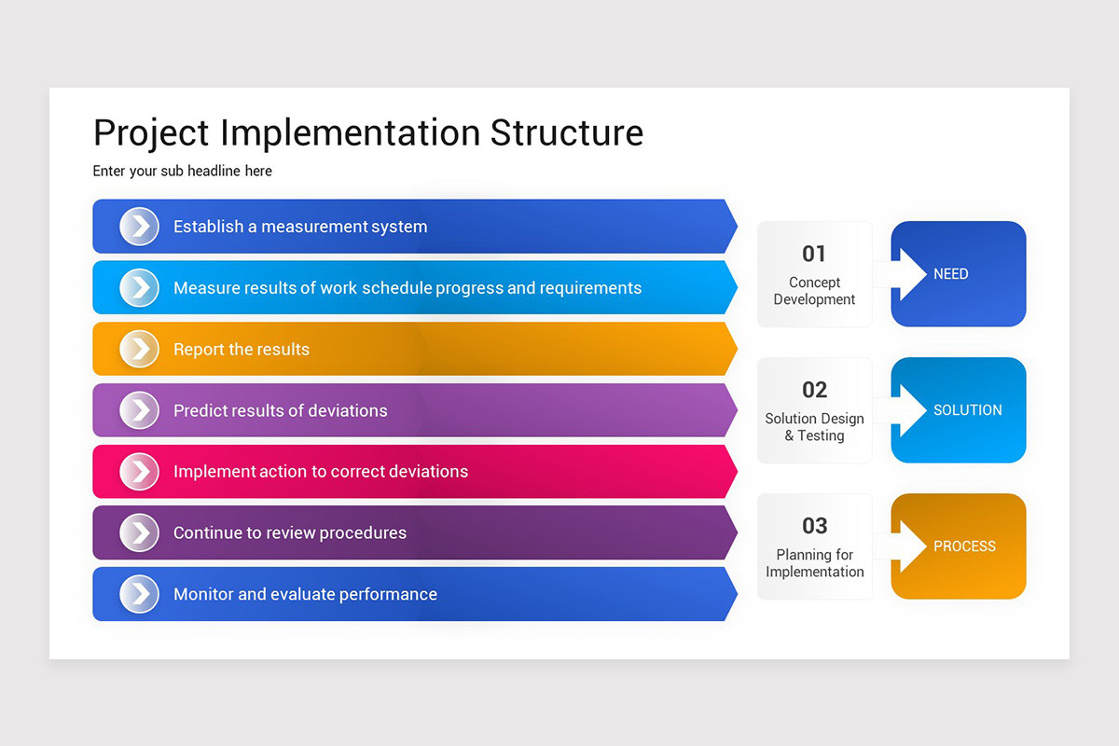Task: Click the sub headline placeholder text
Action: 182,171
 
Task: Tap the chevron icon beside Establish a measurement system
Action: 140,227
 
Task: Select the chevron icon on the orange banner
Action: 140,350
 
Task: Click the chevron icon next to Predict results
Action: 140,410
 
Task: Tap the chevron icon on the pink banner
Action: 140,472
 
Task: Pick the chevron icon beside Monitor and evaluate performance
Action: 140,594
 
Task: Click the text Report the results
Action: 241,350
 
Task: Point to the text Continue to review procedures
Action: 289,533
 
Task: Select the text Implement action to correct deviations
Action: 320,472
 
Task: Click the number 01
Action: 814,254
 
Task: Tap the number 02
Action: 814,390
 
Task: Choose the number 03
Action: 814,526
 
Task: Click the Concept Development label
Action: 814,291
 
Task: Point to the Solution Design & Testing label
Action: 814,427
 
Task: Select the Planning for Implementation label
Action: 814,563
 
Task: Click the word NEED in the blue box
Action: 950,274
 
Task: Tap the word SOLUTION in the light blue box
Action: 967,410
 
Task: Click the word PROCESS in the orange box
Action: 964,546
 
